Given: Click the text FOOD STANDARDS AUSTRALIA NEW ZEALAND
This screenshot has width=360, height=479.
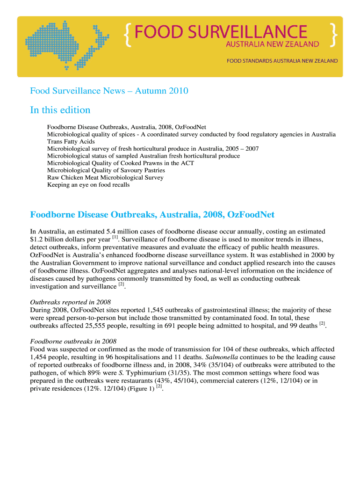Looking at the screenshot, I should pos(282,61).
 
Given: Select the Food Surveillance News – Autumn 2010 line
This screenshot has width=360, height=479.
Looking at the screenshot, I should pos(109,91).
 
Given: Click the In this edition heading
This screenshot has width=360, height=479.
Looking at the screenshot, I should pos(60,110).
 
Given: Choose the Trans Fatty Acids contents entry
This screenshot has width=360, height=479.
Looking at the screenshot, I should pos(71,141).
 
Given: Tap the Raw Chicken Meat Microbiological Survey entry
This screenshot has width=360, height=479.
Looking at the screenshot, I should pos(105,177).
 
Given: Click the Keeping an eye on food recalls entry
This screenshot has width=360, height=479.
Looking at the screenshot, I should pos(88,185).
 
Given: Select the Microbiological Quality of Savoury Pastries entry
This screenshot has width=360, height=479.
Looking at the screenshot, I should pos(106,170).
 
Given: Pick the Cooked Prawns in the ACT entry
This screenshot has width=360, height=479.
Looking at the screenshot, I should pos(121,163).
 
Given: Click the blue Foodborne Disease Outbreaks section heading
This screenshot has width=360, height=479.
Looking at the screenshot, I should pos(152,215).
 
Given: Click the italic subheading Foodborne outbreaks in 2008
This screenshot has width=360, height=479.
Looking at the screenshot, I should pos(73,341).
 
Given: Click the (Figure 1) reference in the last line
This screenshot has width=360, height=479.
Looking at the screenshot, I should pos(141,389).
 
